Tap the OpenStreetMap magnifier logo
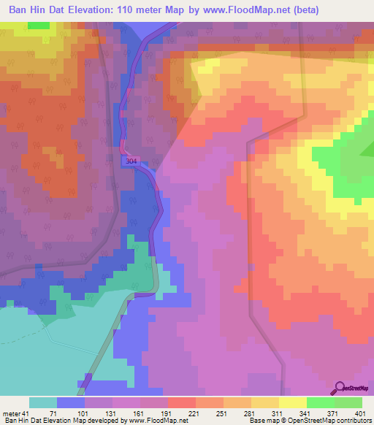pos(340,388)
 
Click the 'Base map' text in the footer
pos(263,420)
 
